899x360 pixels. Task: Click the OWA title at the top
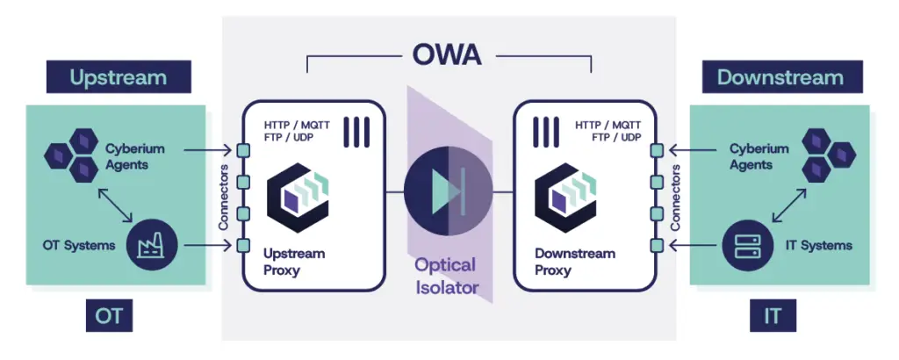point(448,55)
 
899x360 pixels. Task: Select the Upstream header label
point(119,77)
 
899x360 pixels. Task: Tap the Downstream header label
point(780,77)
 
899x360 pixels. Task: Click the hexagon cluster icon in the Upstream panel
point(71,151)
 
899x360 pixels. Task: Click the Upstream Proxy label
point(294,262)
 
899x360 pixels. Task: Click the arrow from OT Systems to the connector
point(206,245)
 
